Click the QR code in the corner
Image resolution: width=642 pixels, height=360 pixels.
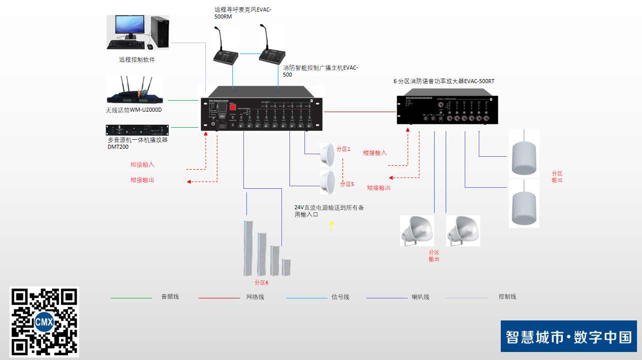pyautogui.click(x=44, y=321)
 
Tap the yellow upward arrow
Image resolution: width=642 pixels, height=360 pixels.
pyautogui.click(x=331, y=227)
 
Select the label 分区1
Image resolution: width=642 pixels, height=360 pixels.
pyautogui.click(x=343, y=149)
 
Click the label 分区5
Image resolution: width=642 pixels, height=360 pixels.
pyautogui.click(x=347, y=184)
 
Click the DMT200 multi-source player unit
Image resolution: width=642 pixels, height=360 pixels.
pyautogui.click(x=137, y=130)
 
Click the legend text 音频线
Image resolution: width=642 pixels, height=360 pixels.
pyautogui.click(x=170, y=297)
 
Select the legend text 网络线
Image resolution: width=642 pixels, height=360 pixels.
pyautogui.click(x=255, y=297)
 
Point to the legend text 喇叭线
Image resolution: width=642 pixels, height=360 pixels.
pyautogui.click(x=421, y=297)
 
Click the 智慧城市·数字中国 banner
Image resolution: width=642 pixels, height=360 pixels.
pyautogui.click(x=568, y=336)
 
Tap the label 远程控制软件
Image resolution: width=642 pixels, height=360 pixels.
pyautogui.click(x=137, y=60)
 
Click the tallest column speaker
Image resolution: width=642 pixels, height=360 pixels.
pyautogui.click(x=247, y=248)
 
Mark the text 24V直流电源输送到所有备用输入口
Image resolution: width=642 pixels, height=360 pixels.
pyautogui.click(x=329, y=211)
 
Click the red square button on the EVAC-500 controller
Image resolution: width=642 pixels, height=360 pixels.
pyautogui.click(x=232, y=107)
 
